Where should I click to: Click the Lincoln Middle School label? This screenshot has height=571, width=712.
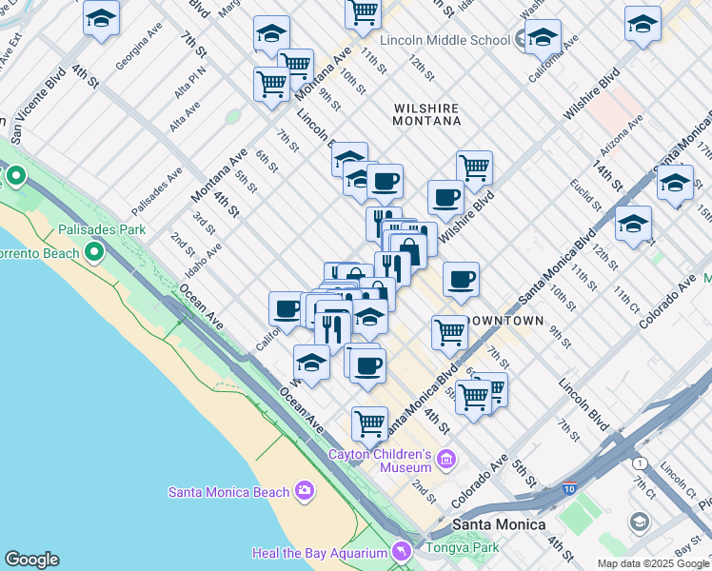pyautogui.click(x=445, y=40)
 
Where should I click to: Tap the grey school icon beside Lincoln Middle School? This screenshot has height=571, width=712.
pyautogui.click(x=521, y=40)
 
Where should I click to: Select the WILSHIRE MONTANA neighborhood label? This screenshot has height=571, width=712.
pyautogui.click(x=426, y=115)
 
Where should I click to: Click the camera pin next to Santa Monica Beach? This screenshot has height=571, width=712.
pyautogui.click(x=305, y=491)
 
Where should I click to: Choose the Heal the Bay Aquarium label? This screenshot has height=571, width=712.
pyautogui.click(x=319, y=553)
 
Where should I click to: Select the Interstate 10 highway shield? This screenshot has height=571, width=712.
pyautogui.click(x=568, y=488)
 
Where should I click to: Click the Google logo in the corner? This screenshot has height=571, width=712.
pyautogui.click(x=31, y=560)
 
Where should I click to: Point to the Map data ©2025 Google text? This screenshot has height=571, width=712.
pyautogui.click(x=653, y=563)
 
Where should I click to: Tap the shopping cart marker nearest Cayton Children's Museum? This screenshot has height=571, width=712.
pyautogui.click(x=369, y=421)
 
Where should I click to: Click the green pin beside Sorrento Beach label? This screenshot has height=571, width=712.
pyautogui.click(x=94, y=252)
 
